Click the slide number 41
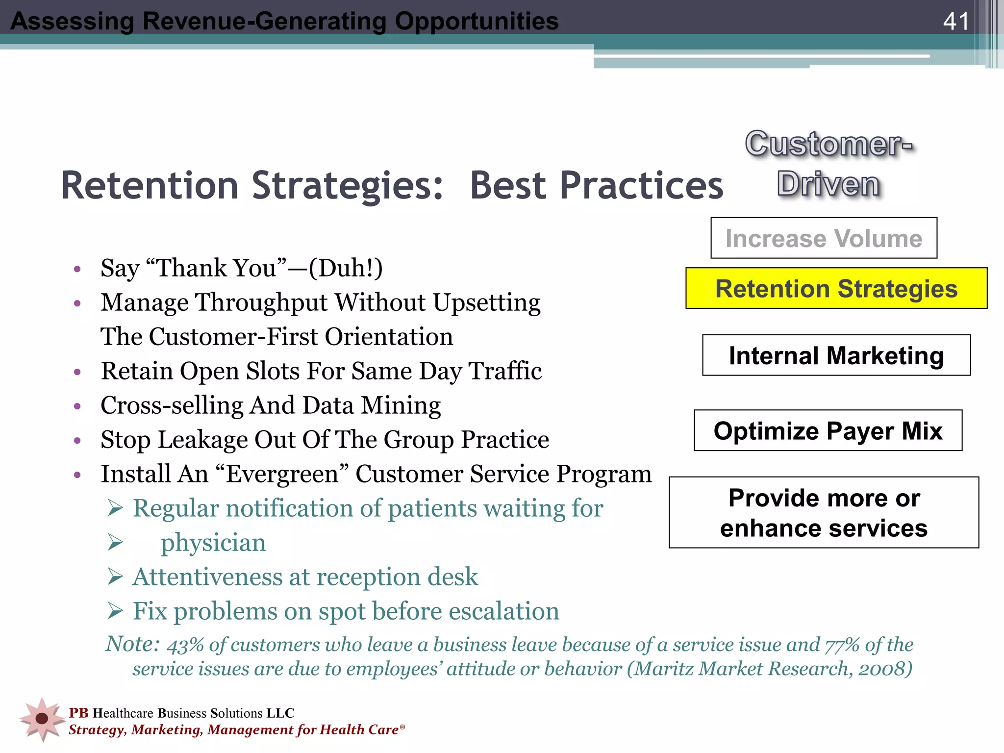click(x=955, y=21)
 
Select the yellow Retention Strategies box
click(x=836, y=288)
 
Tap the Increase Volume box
click(x=824, y=238)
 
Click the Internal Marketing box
click(x=836, y=355)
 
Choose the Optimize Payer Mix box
click(x=828, y=430)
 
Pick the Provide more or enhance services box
click(x=824, y=512)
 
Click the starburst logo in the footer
click(x=42, y=719)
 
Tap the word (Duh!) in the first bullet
click(x=346, y=268)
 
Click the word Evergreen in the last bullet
click(x=282, y=474)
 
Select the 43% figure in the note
click(x=185, y=646)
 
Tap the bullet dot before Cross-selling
click(x=77, y=406)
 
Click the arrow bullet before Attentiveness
click(x=115, y=577)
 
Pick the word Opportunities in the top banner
click(x=477, y=21)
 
